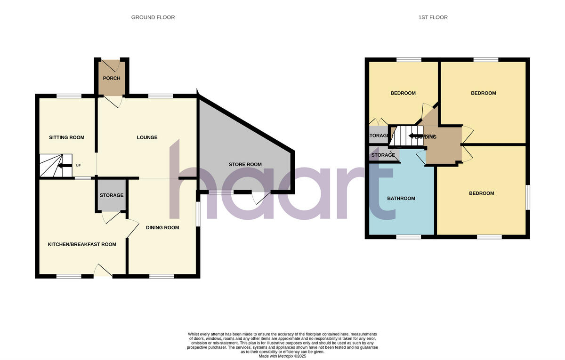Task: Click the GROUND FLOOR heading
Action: [x=153, y=17]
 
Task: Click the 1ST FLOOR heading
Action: [x=433, y=17]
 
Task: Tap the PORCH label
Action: [x=112, y=78]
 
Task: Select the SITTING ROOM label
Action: [x=67, y=137]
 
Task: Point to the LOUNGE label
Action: [x=147, y=137]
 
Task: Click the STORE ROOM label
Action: [x=245, y=165]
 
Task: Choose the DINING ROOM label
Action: [x=162, y=228]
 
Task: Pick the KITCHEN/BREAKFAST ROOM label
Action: [x=82, y=244]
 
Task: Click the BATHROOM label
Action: [x=401, y=199]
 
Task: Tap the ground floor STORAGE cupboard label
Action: [x=112, y=195]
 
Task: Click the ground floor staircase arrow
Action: [x=62, y=165]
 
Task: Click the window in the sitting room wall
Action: [x=69, y=96]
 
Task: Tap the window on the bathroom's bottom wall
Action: [x=408, y=237]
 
